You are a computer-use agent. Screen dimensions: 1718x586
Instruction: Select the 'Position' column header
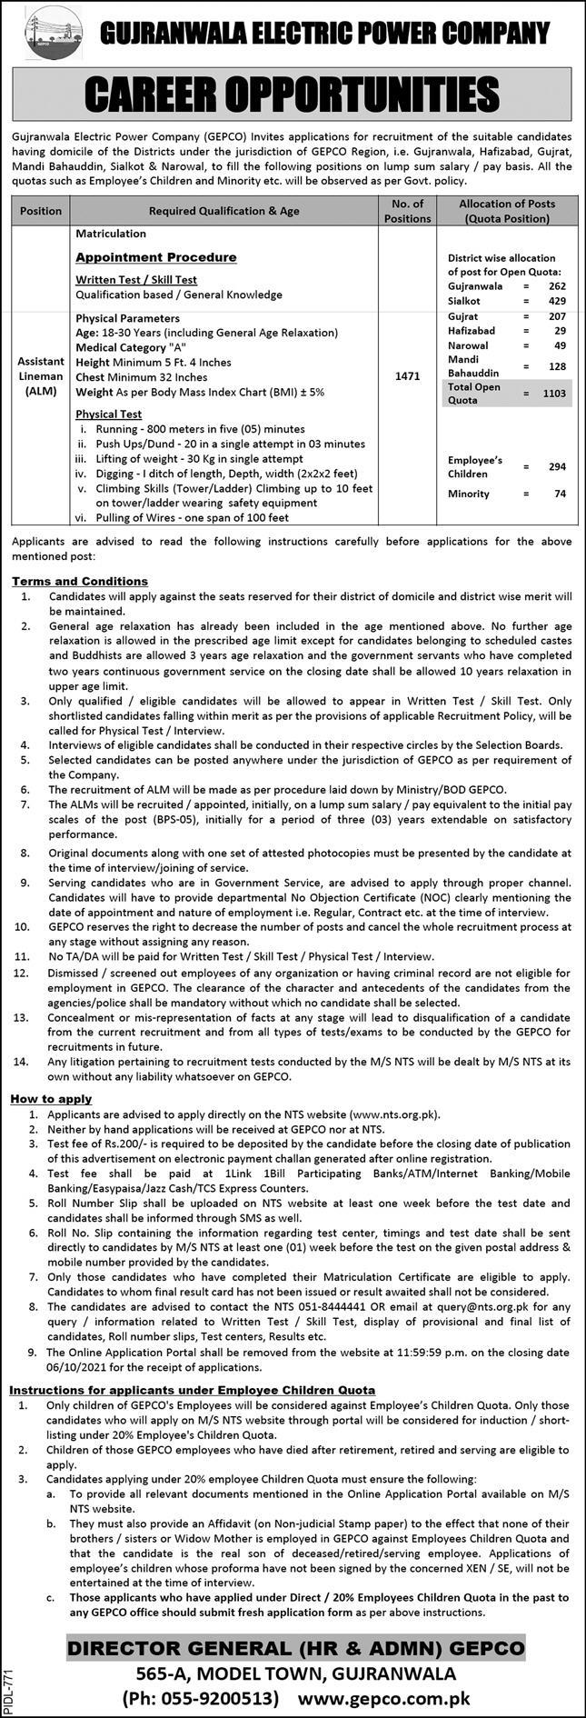coord(41,211)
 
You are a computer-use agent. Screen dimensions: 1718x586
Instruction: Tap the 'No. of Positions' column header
coord(407,211)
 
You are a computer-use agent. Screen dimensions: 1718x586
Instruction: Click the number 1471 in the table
coord(407,375)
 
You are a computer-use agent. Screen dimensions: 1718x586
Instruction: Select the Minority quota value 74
coord(559,494)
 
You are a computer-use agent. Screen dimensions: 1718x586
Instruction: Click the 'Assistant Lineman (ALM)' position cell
coord(41,375)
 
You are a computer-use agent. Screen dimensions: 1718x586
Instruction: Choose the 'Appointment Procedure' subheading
coord(155,257)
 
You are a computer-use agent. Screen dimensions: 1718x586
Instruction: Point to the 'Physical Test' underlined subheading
coord(109,414)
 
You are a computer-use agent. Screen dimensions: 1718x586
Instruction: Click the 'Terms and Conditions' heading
coord(80,581)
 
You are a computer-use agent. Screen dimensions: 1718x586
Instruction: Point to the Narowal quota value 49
coord(559,345)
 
